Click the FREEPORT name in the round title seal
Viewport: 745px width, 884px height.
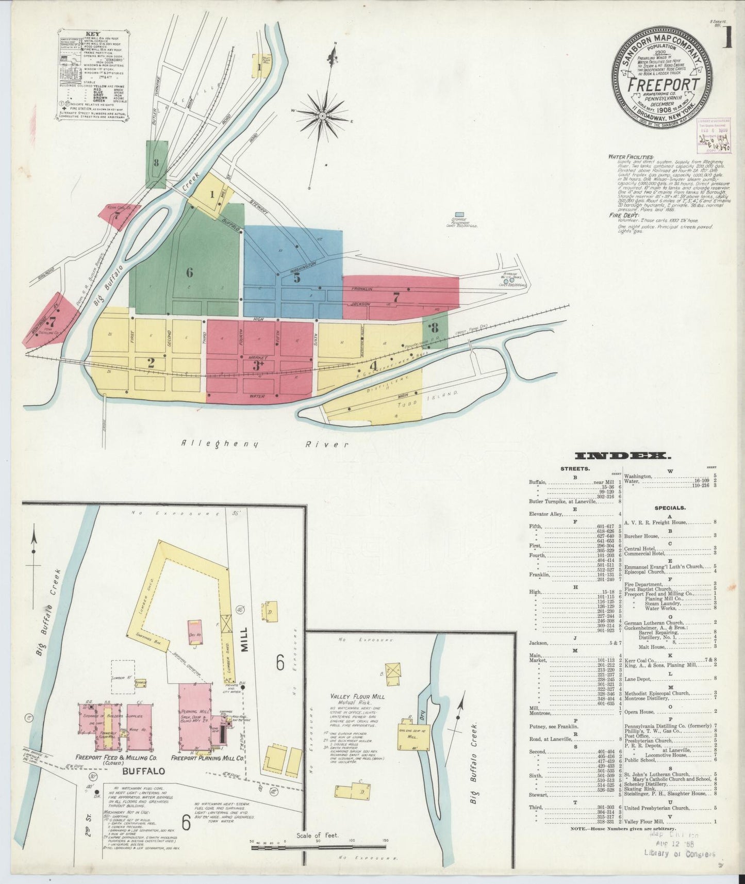coord(663,84)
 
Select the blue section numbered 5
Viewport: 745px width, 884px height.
coord(296,277)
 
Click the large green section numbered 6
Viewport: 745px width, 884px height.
coord(189,272)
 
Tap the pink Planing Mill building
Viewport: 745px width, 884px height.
coord(194,713)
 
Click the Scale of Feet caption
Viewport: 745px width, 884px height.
coord(317,834)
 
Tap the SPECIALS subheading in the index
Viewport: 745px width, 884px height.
coord(670,508)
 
